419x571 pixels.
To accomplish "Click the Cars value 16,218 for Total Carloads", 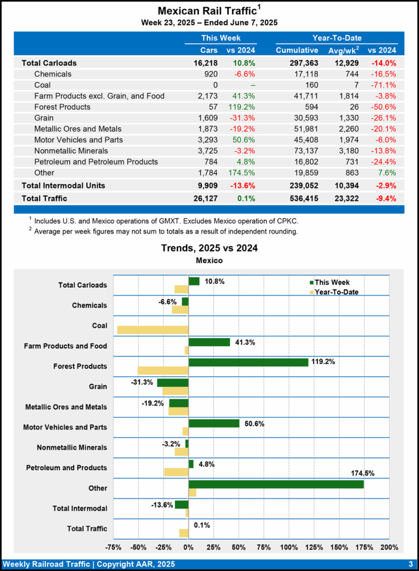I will [205, 63].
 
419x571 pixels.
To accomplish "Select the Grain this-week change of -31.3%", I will [244, 118].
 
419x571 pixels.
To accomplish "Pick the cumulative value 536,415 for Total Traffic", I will [296, 198].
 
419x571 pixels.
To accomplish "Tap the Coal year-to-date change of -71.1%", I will [384, 85].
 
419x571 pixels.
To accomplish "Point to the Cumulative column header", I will [296, 50].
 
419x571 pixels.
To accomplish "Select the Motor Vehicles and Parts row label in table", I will [78, 139].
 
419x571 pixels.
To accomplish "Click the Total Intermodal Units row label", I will [63, 185].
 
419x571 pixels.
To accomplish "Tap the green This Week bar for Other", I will [276, 484].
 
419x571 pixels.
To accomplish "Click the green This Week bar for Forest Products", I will [248, 362].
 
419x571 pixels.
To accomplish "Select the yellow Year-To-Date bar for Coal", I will [152, 330].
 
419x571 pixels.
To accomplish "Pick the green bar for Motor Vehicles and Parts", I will [214, 423].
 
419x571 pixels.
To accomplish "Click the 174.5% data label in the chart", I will [362, 473].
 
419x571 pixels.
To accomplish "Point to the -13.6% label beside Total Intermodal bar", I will [162, 505].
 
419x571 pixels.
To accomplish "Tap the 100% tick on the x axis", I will [289, 547].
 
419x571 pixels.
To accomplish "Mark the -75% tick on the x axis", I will [113, 547].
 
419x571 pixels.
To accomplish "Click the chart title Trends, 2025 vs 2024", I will [209, 248].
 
